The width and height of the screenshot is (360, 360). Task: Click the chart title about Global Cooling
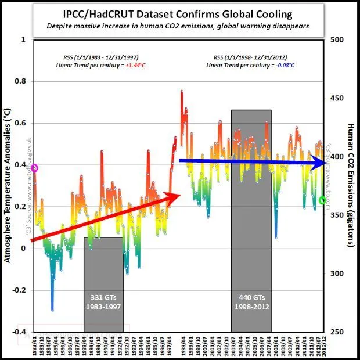pyautogui.click(x=180, y=13)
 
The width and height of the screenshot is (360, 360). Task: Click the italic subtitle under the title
pyautogui.click(x=180, y=26)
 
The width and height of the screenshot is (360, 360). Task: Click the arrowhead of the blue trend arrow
pyautogui.click(x=319, y=164)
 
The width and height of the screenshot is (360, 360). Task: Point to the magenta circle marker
pyautogui.click(x=34, y=168)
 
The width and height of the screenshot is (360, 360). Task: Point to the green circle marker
pyautogui.click(x=323, y=200)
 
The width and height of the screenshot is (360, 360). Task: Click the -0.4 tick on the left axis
pyautogui.click(x=20, y=332)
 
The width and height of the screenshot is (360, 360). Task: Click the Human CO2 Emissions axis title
pyautogui.click(x=351, y=186)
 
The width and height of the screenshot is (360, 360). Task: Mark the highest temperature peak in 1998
pyautogui.click(x=182, y=91)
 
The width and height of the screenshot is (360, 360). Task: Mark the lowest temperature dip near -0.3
pyautogui.click(x=52, y=310)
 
